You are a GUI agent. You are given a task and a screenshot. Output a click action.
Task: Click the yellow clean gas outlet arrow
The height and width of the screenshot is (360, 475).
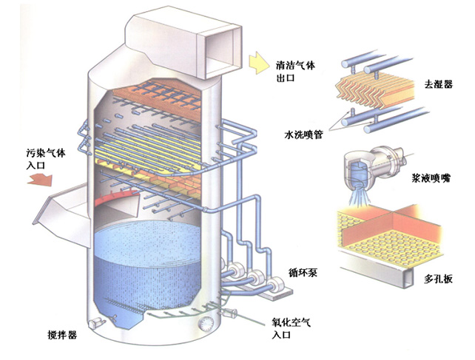point(258,62)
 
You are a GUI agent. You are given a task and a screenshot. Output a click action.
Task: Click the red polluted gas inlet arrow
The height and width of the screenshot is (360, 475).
point(40,179)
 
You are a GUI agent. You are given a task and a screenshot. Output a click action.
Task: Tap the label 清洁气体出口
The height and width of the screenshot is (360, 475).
point(295,72)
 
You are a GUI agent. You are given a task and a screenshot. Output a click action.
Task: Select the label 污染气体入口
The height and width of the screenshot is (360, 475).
point(45,159)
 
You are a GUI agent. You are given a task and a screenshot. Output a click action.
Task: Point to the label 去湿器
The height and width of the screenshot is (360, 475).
point(438,84)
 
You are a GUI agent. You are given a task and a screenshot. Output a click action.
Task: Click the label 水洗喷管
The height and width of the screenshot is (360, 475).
point(303,135)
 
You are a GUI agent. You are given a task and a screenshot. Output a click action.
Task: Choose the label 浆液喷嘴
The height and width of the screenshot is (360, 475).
point(431,178)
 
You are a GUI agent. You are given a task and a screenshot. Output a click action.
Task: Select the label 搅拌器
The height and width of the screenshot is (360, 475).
point(62,335)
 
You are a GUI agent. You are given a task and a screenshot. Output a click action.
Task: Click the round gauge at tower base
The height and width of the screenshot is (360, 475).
point(206,324)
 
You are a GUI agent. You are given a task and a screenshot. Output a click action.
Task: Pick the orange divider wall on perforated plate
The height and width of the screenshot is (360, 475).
point(391,224)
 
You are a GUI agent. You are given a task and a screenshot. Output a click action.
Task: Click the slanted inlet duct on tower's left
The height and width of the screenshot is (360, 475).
point(62,212)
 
